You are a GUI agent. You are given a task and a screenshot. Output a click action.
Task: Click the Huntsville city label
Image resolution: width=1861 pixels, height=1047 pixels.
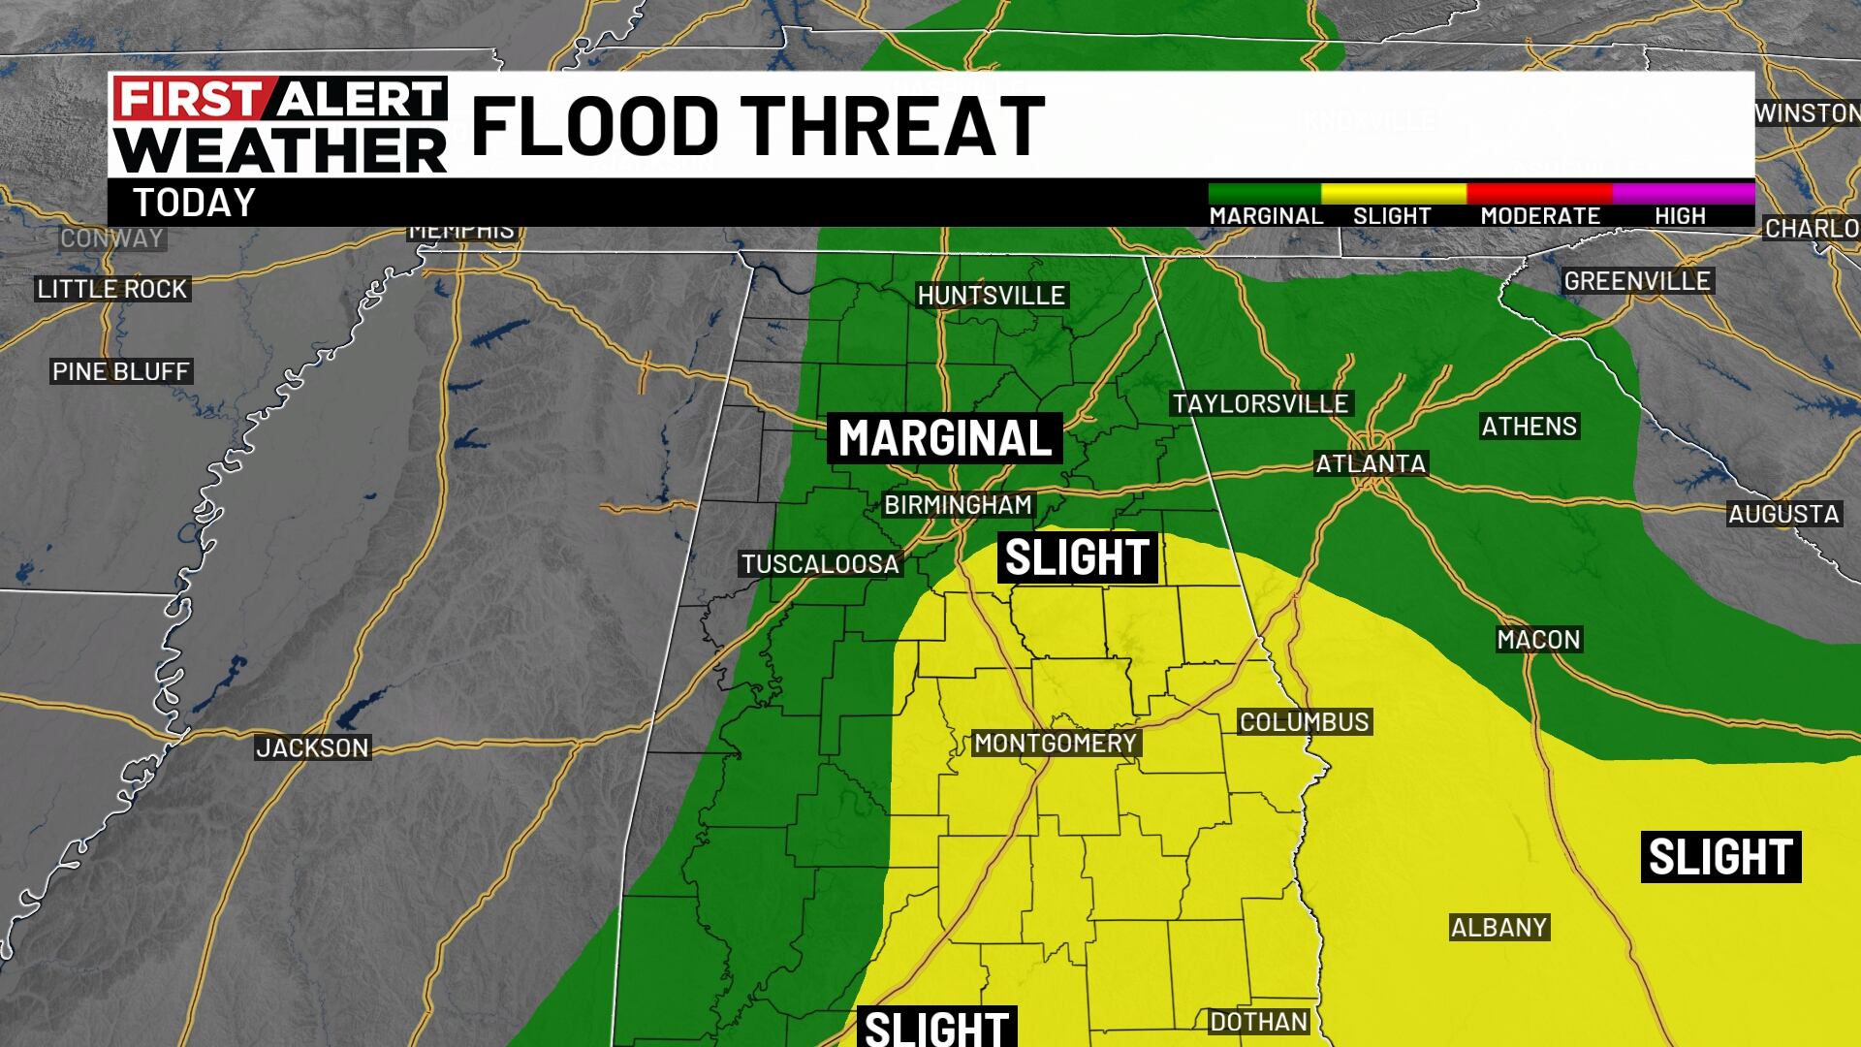pyautogui.click(x=992, y=295)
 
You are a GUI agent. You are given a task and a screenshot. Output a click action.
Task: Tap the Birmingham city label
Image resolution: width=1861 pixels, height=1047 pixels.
pyautogui.click(x=958, y=504)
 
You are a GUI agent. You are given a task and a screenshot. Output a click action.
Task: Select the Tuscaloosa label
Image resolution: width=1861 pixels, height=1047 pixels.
pyautogui.click(x=820, y=563)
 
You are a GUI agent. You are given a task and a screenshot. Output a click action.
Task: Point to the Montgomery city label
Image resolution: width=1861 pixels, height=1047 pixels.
pyautogui.click(x=1055, y=743)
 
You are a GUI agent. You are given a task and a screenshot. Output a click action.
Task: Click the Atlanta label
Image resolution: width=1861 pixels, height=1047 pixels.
pyautogui.click(x=1371, y=463)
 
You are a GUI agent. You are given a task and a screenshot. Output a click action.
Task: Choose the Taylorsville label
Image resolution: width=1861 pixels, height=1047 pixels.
pyautogui.click(x=1260, y=403)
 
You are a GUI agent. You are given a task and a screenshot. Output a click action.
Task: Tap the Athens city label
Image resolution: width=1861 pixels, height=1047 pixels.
pyautogui.click(x=1529, y=426)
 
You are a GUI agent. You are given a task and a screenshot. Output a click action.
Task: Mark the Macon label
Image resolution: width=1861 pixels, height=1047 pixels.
pyautogui.click(x=1538, y=639)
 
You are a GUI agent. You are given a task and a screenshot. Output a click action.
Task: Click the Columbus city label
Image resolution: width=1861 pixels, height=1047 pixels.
pyautogui.click(x=1304, y=721)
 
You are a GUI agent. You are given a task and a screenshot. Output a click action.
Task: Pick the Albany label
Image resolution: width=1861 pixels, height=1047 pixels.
pyautogui.click(x=1498, y=927)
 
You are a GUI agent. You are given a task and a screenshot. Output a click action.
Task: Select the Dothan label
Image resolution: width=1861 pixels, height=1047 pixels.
pyautogui.click(x=1259, y=1021)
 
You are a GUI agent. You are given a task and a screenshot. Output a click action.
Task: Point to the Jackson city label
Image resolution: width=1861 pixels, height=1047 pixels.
pyautogui.click(x=312, y=747)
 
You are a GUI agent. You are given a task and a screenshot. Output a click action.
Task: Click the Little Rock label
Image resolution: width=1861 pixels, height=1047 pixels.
pyautogui.click(x=111, y=289)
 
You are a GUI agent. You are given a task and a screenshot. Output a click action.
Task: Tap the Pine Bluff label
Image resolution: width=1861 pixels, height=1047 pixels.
pyautogui.click(x=120, y=371)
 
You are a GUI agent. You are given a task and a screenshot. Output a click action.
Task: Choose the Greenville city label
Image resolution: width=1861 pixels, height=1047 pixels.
pyautogui.click(x=1637, y=281)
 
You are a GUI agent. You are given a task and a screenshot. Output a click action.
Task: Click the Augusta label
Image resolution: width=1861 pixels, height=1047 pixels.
pyautogui.click(x=1783, y=514)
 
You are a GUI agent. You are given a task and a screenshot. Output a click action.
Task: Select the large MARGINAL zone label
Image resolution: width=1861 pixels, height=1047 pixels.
pyautogui.click(x=945, y=438)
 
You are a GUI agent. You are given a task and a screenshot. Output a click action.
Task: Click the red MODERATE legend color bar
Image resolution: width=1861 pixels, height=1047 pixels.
pyautogui.click(x=1539, y=193)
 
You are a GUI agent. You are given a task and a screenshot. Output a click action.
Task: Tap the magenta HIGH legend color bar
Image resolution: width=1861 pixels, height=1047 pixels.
pyautogui.click(x=1683, y=193)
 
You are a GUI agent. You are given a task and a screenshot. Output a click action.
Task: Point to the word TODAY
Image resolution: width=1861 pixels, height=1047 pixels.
pyautogui.click(x=194, y=203)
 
